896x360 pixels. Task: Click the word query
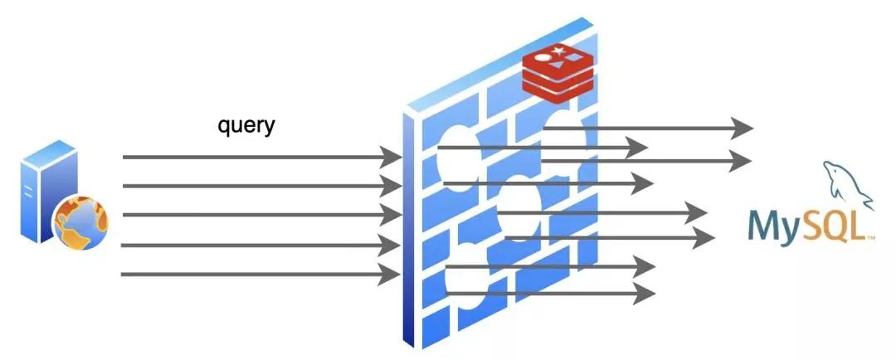click(246, 126)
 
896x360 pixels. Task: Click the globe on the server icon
click(80, 223)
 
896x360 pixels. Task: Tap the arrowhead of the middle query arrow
click(390, 216)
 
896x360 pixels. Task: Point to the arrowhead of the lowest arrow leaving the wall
click(644, 292)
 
